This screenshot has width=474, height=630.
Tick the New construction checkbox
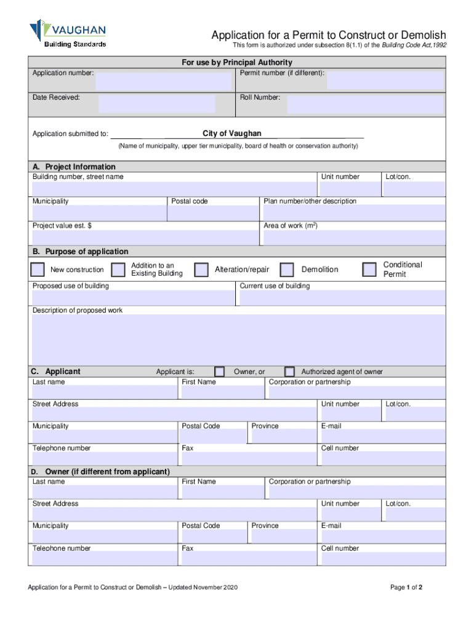pos(38,269)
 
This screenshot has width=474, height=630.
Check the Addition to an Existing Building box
pos(118,269)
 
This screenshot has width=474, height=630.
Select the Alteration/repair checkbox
pos(201,269)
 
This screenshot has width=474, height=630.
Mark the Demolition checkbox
pos(287,269)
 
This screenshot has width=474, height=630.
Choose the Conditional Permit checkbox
pos(369,269)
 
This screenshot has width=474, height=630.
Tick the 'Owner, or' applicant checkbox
pos(219,372)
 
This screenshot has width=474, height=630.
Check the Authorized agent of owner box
pos(290,372)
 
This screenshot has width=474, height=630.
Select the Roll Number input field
pos(364,104)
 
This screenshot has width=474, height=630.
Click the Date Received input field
pos(156,104)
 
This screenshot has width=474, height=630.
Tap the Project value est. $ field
pos(143,237)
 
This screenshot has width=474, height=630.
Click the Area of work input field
pos(353,237)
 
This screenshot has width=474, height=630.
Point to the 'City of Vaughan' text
pos(232,134)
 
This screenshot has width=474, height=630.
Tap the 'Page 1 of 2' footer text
pos(406,588)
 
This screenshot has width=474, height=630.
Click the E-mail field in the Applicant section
pos(382,436)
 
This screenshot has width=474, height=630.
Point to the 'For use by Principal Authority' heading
pos(237,63)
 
